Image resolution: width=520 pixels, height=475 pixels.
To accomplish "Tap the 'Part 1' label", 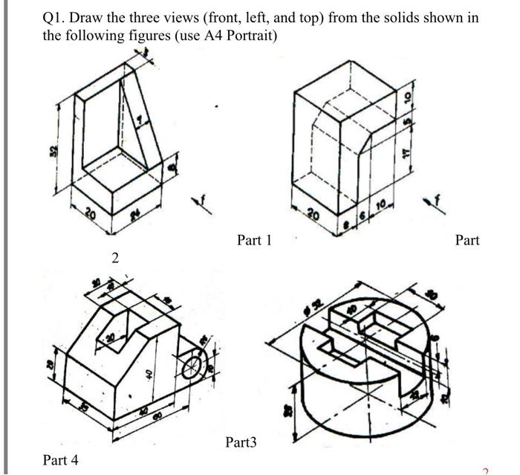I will (x=254, y=240).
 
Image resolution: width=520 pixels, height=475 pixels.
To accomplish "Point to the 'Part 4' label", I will (x=60, y=460).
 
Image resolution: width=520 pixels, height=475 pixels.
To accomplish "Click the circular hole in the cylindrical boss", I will (x=193, y=365).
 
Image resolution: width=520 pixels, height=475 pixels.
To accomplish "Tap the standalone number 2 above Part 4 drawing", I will (x=114, y=259).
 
